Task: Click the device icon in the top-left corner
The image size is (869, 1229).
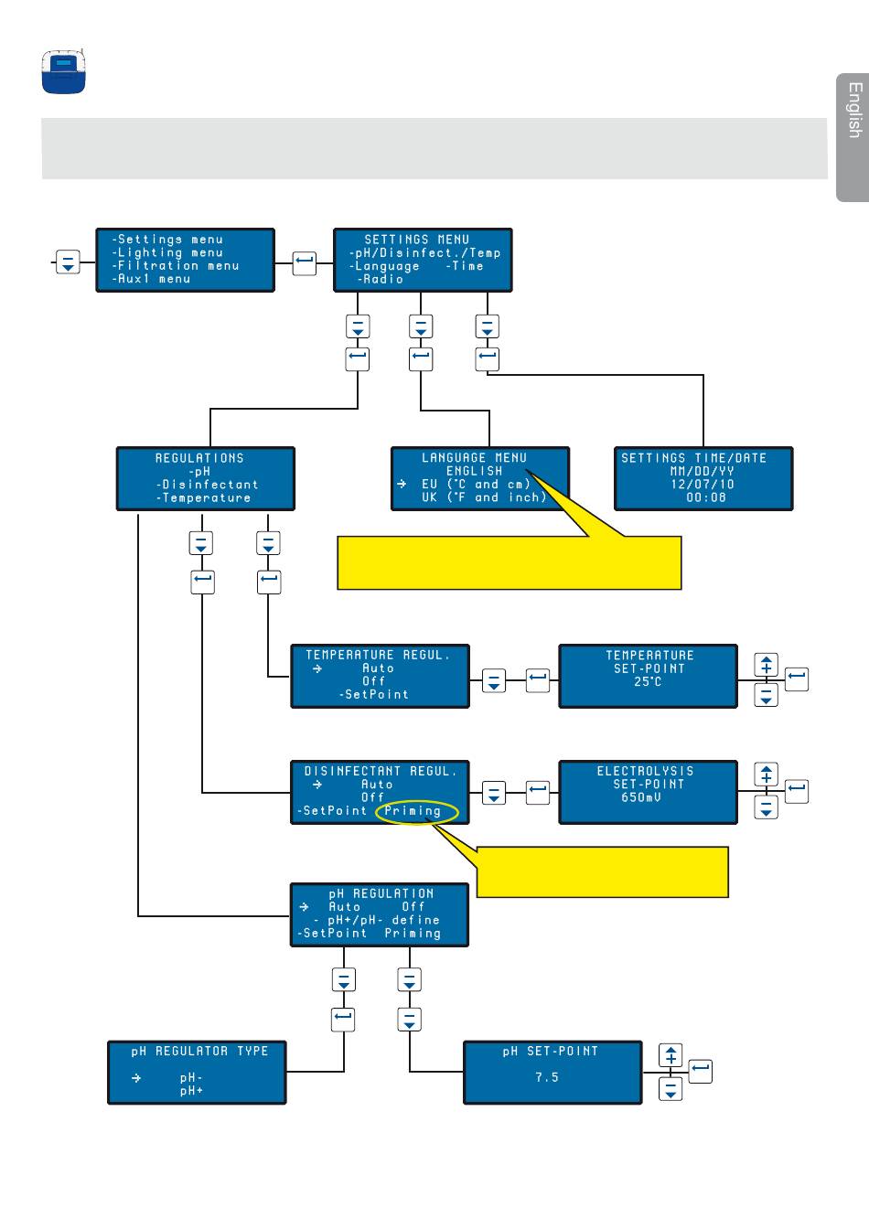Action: point(64,71)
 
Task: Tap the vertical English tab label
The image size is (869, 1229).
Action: point(854,110)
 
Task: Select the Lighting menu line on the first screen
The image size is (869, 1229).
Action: point(167,252)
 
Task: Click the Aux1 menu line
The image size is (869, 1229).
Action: point(151,279)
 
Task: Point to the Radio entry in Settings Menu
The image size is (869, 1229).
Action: point(381,279)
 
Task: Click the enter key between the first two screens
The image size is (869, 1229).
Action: point(304,263)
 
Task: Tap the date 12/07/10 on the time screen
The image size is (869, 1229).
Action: point(703,484)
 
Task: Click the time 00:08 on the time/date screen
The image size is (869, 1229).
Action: point(706,497)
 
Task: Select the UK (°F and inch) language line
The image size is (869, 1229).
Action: point(484,497)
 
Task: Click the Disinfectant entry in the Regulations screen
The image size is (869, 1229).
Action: point(207,485)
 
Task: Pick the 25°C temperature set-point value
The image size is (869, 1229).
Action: point(648,681)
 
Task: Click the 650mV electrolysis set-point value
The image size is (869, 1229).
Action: point(640,797)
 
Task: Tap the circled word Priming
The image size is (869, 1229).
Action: point(413,811)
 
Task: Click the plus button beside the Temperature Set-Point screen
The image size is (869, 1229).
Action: point(767,666)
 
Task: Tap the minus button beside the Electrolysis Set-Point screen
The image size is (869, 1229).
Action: point(767,807)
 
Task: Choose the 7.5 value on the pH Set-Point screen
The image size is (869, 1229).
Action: point(547,1077)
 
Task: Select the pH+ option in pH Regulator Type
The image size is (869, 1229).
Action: point(191,1091)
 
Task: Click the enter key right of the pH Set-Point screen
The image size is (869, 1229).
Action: point(701,1071)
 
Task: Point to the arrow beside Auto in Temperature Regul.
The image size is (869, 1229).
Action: point(317,668)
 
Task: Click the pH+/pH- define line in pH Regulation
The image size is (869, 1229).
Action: point(377,920)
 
